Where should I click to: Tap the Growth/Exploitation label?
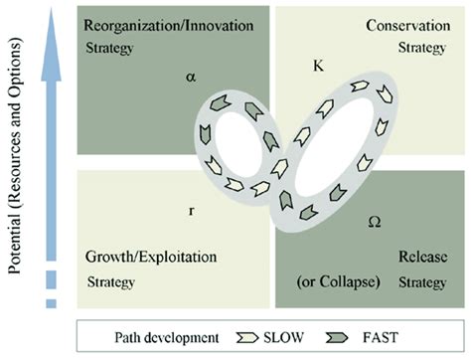(151, 257)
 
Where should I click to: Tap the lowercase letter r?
(191, 210)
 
